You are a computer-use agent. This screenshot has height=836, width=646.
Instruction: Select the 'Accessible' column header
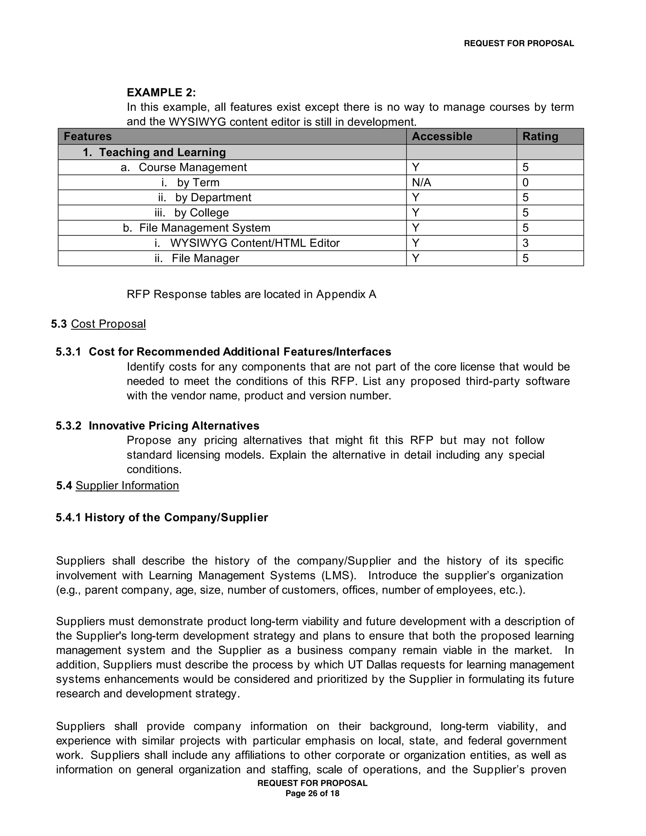pos(442,137)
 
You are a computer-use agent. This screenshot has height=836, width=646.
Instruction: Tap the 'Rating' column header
pos(540,137)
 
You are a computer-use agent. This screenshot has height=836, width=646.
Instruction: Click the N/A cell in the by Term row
pos(421,183)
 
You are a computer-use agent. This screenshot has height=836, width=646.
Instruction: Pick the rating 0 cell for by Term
pos(526,183)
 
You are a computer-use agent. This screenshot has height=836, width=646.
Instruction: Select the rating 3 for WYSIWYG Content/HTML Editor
pos(526,243)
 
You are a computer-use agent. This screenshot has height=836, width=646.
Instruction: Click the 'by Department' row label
pos(213,197)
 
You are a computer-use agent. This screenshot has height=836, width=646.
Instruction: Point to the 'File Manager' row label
pos(205,258)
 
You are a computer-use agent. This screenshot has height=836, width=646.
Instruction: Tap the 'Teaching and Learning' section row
pos(162,152)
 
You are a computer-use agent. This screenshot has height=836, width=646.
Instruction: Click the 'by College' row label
pos(201,213)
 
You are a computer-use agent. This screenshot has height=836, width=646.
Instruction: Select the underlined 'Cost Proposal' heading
pos(108,324)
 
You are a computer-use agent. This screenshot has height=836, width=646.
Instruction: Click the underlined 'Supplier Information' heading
pos(127,486)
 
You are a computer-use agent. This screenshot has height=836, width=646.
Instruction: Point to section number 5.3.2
pos(68,426)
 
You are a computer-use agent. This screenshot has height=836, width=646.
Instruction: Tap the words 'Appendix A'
pos(346,294)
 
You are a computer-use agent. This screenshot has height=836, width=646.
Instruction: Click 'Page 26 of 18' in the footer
pos(312,793)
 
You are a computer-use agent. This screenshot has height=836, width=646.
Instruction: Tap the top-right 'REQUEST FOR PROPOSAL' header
pos(519,44)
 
